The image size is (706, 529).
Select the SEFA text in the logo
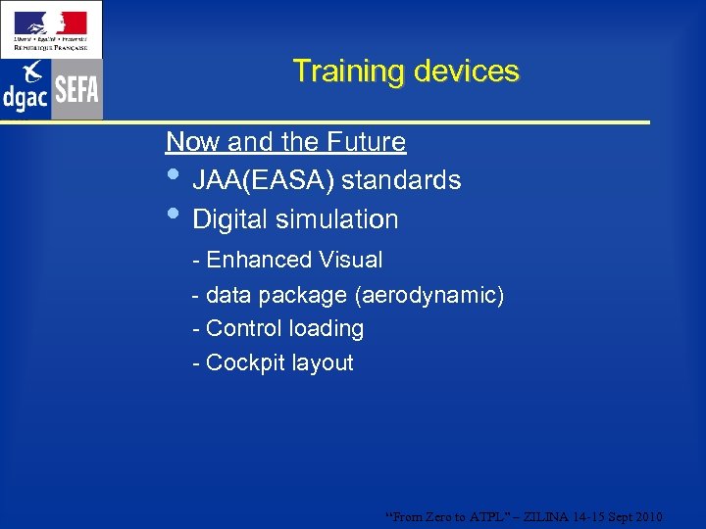76,90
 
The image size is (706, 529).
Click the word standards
401,181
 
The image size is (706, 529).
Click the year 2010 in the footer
648,516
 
